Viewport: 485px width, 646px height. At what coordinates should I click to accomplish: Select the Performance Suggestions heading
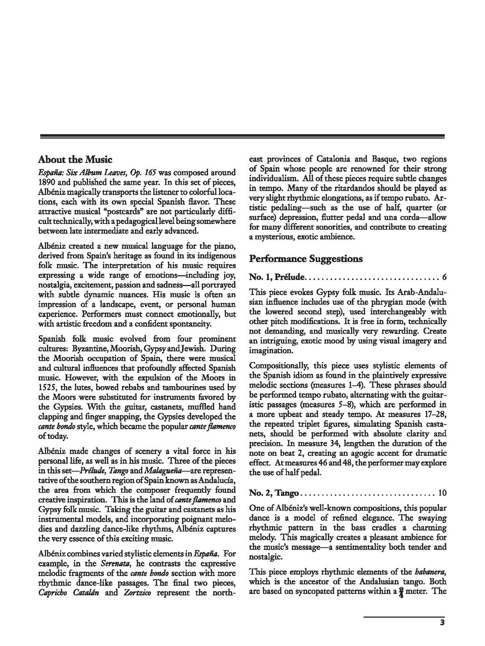point(305,258)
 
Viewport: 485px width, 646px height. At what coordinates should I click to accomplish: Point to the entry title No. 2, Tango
point(274,493)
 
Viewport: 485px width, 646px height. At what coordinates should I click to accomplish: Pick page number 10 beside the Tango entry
point(442,493)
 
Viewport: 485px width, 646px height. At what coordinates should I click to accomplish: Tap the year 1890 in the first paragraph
point(47,182)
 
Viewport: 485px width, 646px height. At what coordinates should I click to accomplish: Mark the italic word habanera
point(431,571)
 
